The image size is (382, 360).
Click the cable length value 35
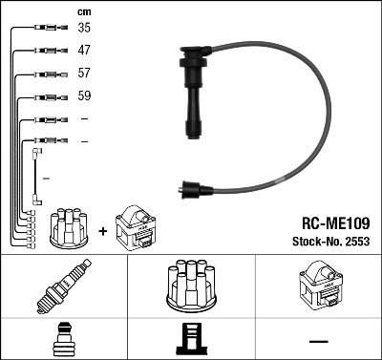(x=84, y=28)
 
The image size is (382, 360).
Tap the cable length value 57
(x=84, y=73)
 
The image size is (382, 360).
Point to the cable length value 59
(x=84, y=96)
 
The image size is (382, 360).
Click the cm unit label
(x=83, y=11)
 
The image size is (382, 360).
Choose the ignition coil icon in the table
(x=317, y=287)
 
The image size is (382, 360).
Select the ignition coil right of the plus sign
(x=134, y=229)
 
